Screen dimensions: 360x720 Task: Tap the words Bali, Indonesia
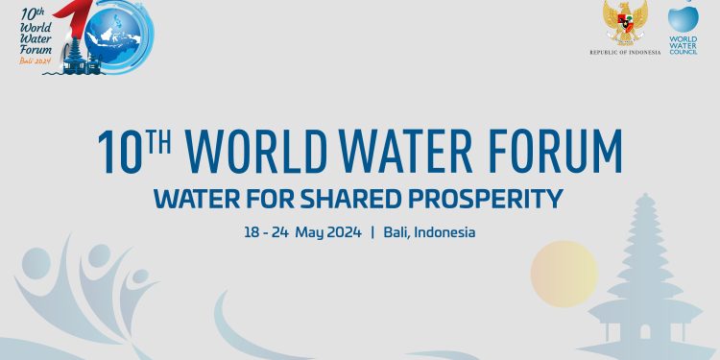(429, 232)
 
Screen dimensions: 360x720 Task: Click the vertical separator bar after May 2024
(372, 232)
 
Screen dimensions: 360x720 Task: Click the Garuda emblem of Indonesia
(625, 23)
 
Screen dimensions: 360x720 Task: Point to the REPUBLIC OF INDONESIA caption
(625, 52)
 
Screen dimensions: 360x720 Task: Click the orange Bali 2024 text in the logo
(35, 60)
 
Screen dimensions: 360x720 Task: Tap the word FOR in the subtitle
(268, 199)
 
